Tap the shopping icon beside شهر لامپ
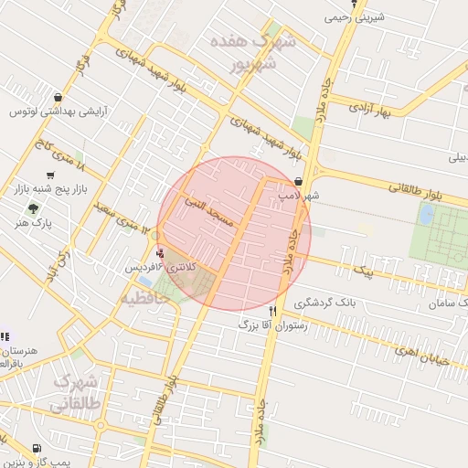299,182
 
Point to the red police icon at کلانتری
162,253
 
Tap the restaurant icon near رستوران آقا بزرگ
272,311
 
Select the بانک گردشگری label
319,302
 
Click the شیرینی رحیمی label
355,16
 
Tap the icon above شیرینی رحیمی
355,4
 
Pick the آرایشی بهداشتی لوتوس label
58,112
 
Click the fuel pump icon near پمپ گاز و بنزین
36,449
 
